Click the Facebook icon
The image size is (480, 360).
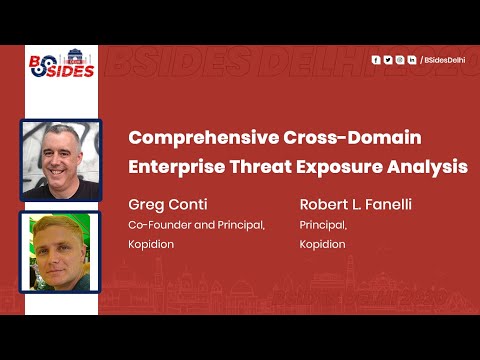click(x=376, y=60)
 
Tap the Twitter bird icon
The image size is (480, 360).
click(x=388, y=60)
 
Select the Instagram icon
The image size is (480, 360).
click(x=400, y=60)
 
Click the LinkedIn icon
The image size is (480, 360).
click(x=412, y=60)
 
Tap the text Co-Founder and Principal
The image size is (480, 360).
click(x=196, y=225)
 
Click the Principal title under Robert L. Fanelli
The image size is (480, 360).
click(x=323, y=225)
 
